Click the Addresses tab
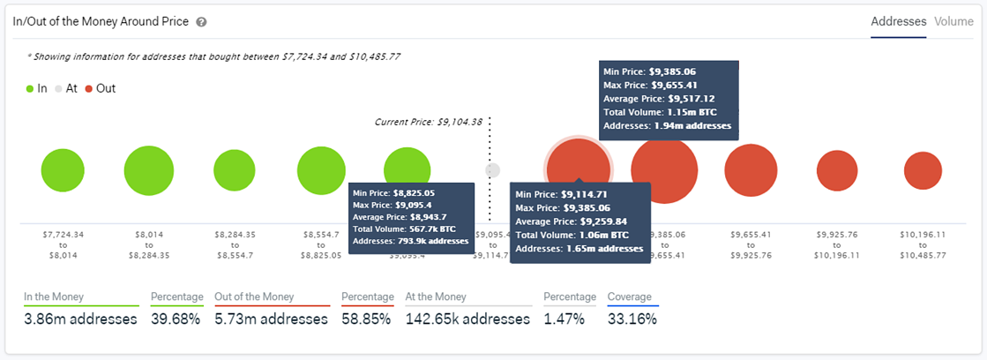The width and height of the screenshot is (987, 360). tap(898, 21)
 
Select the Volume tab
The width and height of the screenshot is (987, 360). tap(953, 21)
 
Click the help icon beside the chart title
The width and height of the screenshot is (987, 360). tap(201, 22)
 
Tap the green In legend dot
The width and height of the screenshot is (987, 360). tap(30, 88)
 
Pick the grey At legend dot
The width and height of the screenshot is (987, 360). tap(58, 88)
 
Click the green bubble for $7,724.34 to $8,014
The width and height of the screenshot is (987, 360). tap(64, 170)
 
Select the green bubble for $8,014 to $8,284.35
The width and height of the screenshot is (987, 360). tap(149, 170)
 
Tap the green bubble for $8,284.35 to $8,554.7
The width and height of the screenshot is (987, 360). tap(234, 170)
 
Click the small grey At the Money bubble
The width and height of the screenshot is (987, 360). tap(493, 170)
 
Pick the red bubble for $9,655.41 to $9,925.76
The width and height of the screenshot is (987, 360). tap(750, 170)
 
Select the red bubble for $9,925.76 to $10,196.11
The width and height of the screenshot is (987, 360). tap(835, 170)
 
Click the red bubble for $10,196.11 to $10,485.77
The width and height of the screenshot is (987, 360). tap(923, 170)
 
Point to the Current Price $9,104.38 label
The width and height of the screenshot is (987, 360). tap(429, 122)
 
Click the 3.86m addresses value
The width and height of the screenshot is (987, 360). tap(81, 319)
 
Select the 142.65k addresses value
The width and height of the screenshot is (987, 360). tap(467, 319)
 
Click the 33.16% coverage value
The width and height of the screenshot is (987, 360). tap(632, 319)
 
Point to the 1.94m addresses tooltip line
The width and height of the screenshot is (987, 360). tap(667, 126)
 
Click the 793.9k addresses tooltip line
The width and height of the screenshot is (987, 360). tap(410, 240)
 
